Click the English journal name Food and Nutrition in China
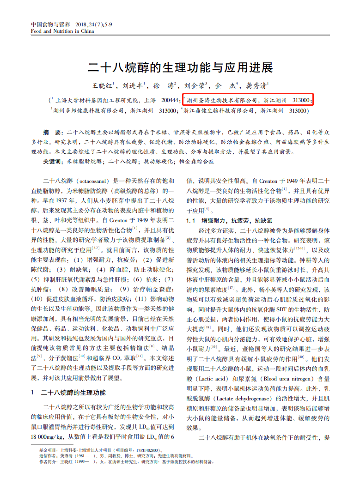[x=62, y=31]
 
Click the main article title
[x=180, y=67]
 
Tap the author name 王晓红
[x=104, y=85]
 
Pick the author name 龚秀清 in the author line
[x=256, y=85]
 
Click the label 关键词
[x=52, y=162]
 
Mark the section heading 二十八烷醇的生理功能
[x=73, y=393]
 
